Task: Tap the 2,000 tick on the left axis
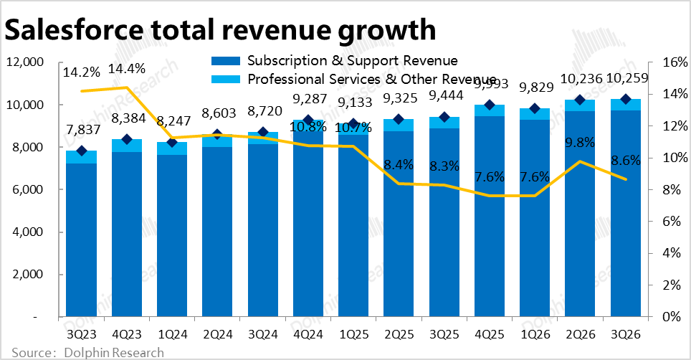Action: [28, 275]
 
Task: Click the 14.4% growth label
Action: [126, 70]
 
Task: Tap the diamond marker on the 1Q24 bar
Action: [171, 142]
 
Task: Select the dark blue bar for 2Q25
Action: [399, 222]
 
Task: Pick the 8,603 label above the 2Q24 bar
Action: [216, 113]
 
